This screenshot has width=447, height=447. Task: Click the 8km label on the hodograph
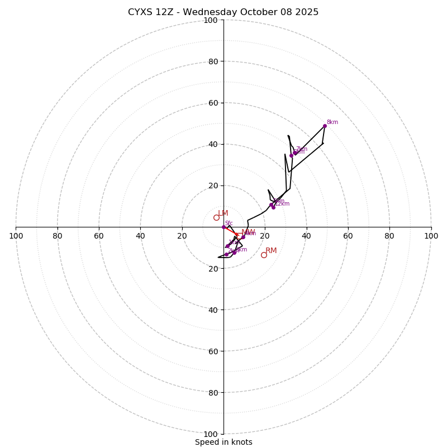pyautogui.click(x=332, y=122)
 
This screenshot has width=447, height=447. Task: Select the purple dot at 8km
pyautogui.click(x=325, y=126)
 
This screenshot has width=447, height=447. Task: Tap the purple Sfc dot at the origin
pyautogui.click(x=223, y=227)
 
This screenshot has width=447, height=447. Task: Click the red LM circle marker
pyautogui.click(x=216, y=217)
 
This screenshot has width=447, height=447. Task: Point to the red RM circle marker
pyautogui.click(x=264, y=255)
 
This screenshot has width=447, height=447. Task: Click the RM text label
pyautogui.click(x=271, y=251)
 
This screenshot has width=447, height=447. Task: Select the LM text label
pyautogui.click(x=223, y=213)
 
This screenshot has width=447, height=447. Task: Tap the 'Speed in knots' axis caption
pyautogui.click(x=223, y=442)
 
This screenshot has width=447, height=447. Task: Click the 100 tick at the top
pyautogui.click(x=210, y=20)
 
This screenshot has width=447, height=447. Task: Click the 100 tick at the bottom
pyautogui.click(x=210, y=434)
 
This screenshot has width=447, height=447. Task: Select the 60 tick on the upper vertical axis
pyautogui.click(x=212, y=103)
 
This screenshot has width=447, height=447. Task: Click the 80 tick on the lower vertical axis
pyautogui.click(x=212, y=392)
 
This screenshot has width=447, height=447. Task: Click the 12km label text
pyautogui.click(x=282, y=204)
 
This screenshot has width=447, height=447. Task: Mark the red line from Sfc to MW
pyautogui.click(x=230, y=230)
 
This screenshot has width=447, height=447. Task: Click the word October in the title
pyautogui.click(x=257, y=12)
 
